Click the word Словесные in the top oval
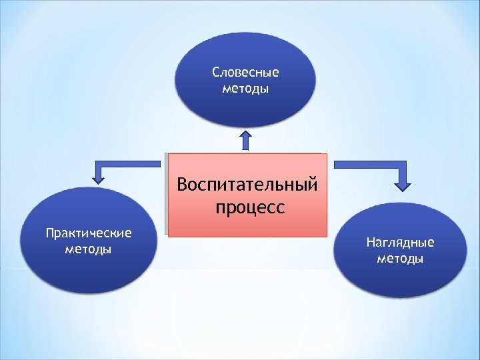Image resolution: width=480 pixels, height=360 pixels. tap(245, 72)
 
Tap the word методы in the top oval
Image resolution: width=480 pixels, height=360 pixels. tap(245, 88)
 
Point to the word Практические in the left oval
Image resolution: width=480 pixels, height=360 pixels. tap(89, 233)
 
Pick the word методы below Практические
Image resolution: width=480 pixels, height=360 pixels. tap(89, 249)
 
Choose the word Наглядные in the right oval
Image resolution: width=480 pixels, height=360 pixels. tap(400, 242)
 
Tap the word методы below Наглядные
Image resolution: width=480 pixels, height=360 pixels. tap(400, 258)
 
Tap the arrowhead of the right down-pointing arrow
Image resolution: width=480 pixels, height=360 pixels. tap(403, 183)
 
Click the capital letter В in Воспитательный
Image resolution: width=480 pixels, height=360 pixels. tap(183, 183)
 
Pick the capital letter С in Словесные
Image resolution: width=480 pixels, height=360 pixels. tap(215, 72)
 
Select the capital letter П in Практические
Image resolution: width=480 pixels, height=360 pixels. tap(49, 233)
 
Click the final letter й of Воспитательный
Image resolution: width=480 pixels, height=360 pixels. tap(312, 183)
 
